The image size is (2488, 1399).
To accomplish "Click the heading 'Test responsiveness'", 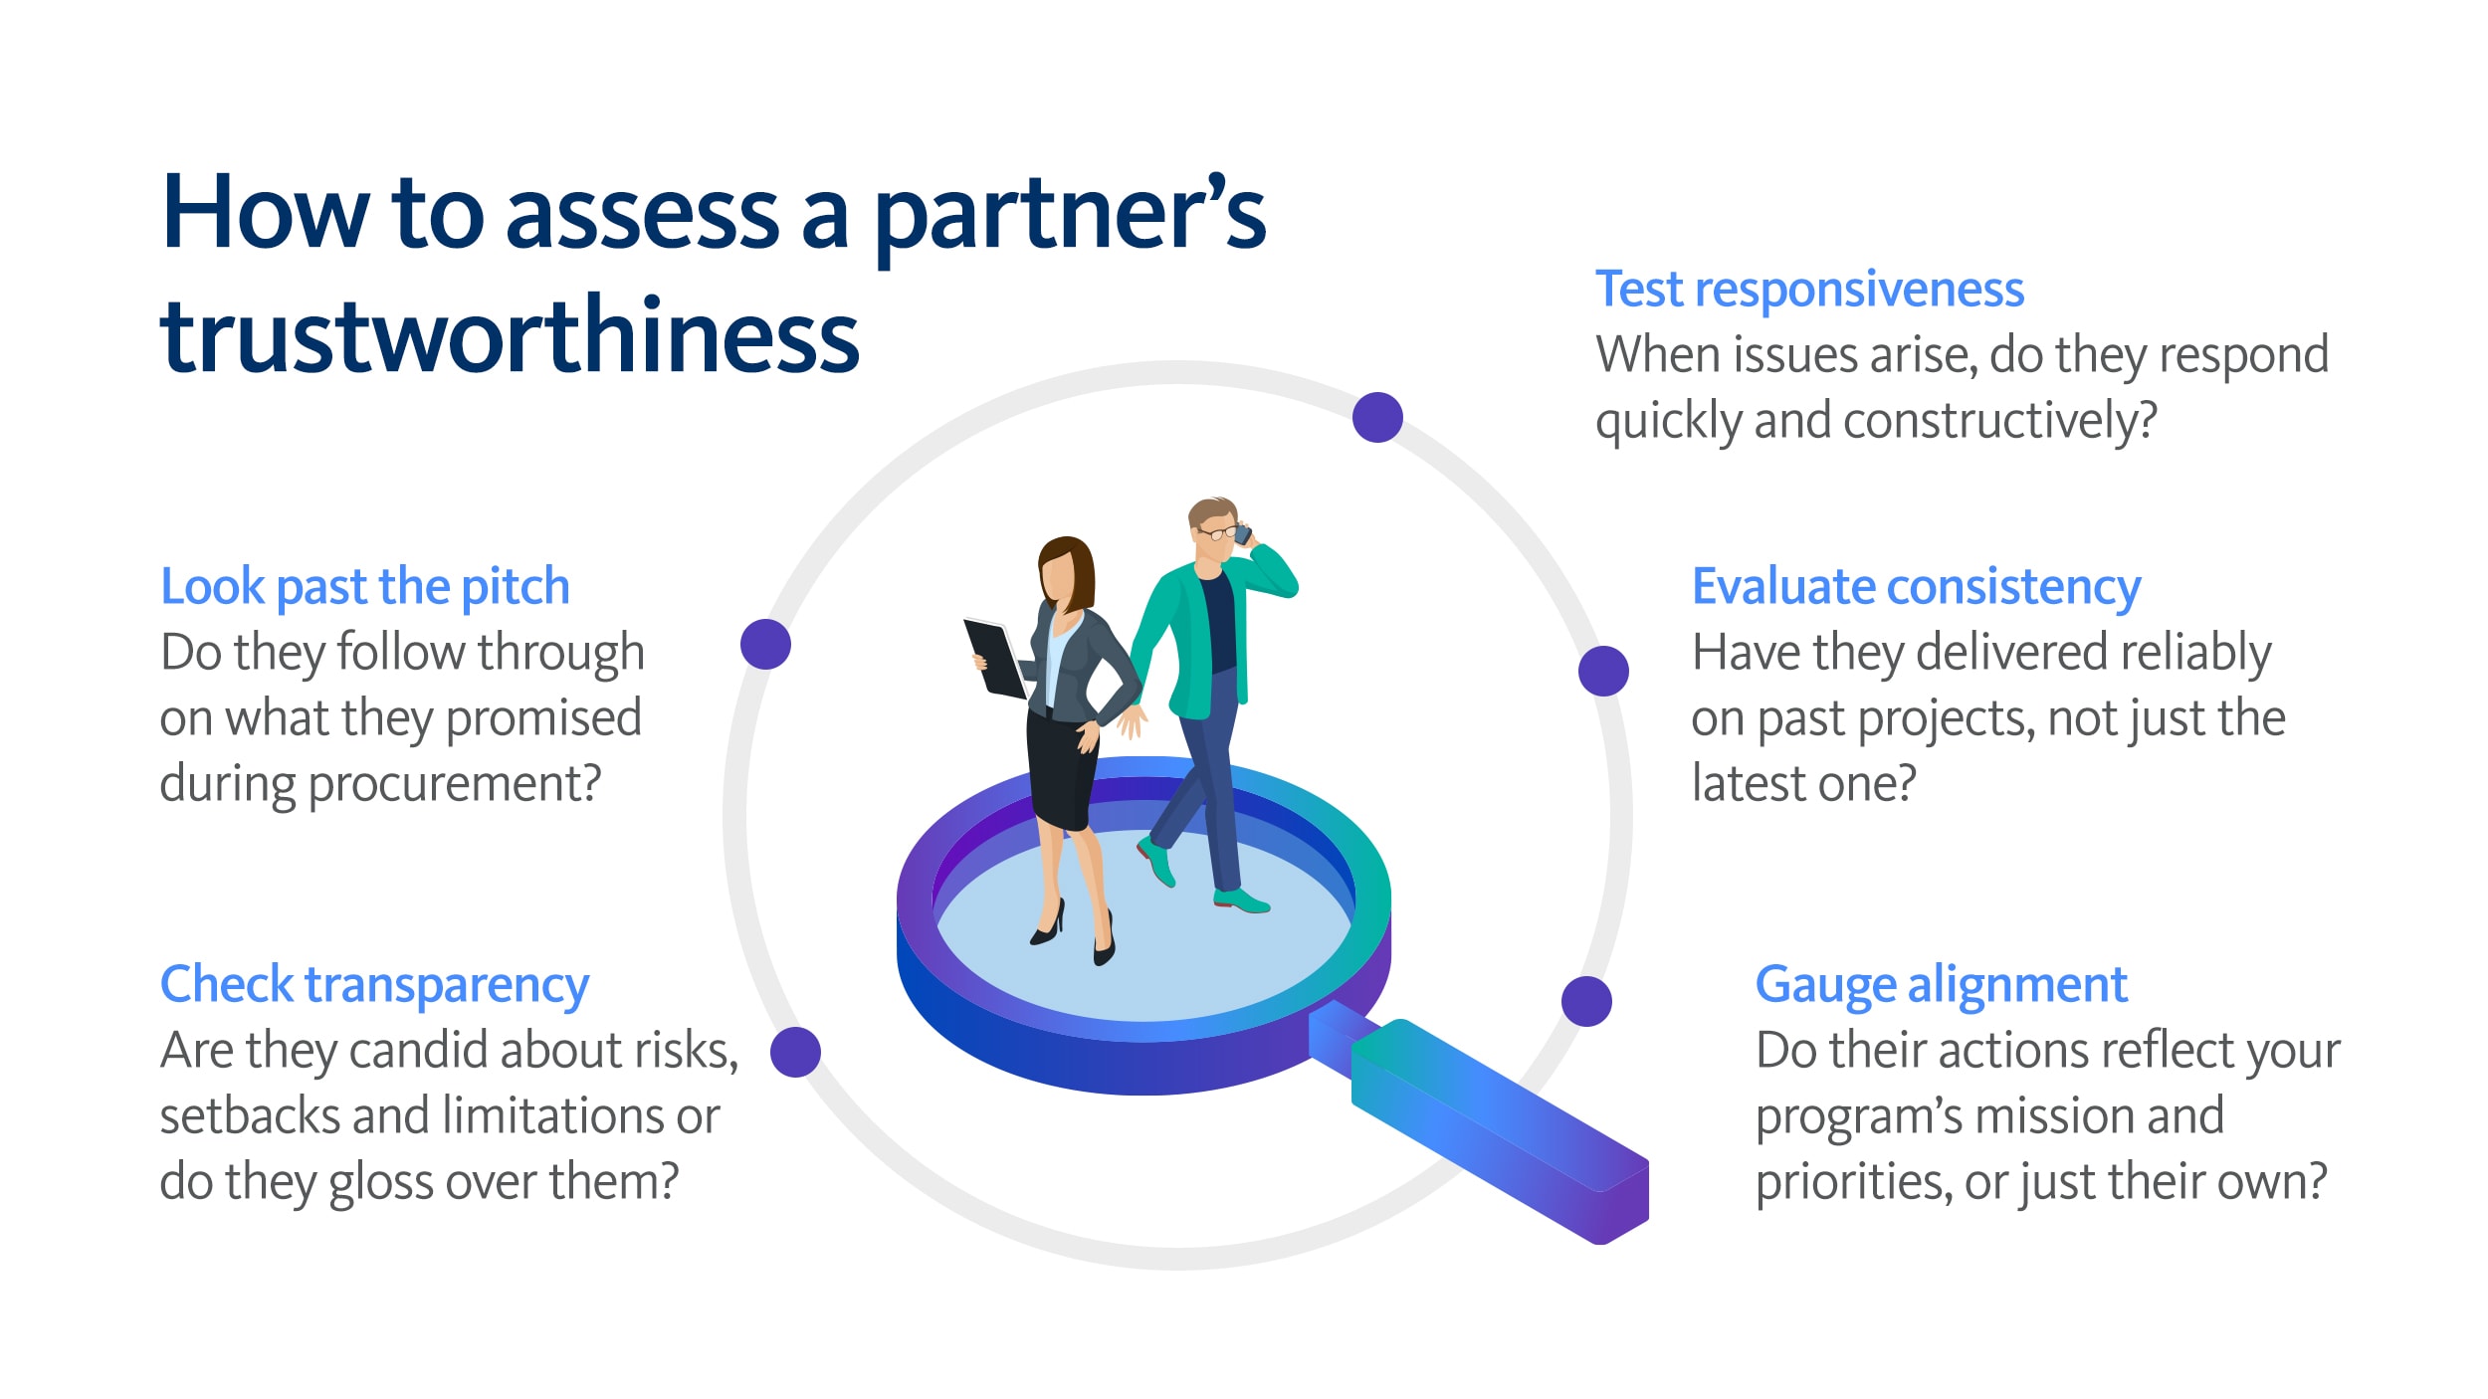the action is pos(1808,290).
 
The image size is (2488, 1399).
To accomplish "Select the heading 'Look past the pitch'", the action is pos(364,586).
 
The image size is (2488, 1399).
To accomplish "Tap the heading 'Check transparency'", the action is pos(374,984).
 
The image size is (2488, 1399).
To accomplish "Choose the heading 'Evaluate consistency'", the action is pos(1916,586).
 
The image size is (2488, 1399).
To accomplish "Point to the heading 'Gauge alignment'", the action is pos(1941,984).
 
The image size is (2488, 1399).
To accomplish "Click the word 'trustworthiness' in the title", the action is pos(510,336).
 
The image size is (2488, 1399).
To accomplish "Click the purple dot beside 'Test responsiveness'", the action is pos(1377,417).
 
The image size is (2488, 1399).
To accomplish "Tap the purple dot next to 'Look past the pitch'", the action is pos(765,644).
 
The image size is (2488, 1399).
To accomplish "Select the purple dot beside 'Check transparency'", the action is pos(795,1052).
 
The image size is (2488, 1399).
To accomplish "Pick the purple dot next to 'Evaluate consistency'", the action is pos(1603,671).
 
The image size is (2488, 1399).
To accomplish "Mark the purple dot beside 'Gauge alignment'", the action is pos(1586,1001).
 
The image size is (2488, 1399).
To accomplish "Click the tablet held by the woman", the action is pos(994,658).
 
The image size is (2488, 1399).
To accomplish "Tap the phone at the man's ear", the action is pos(1242,534).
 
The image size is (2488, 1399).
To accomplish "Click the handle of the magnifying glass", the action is pos(1493,1124).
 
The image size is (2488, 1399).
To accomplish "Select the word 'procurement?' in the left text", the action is pos(455,785).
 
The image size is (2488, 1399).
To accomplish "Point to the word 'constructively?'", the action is pos(2000,421).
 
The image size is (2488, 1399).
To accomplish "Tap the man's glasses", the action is pos(1216,533).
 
